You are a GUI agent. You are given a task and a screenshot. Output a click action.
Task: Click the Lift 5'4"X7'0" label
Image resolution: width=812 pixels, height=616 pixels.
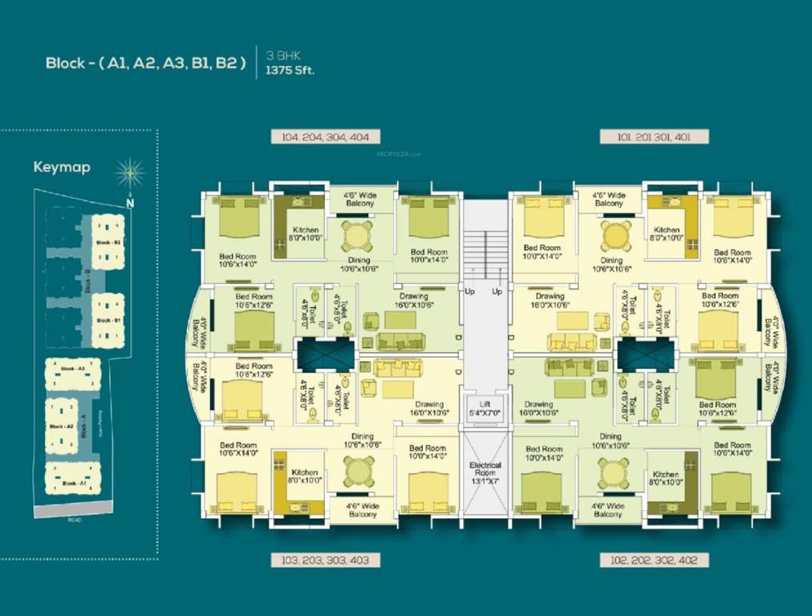(x=485, y=407)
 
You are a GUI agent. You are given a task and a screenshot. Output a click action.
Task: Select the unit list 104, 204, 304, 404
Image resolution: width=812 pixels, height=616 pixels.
(x=325, y=137)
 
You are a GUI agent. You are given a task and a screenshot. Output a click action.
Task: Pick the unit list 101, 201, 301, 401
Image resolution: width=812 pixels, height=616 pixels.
(x=654, y=137)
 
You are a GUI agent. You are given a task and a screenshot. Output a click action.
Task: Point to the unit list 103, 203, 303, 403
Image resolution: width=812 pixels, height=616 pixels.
(x=325, y=560)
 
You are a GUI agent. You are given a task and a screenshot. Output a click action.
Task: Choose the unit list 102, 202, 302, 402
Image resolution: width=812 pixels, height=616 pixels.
(x=654, y=560)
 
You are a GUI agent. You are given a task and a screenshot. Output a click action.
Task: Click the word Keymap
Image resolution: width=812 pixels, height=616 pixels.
(x=62, y=168)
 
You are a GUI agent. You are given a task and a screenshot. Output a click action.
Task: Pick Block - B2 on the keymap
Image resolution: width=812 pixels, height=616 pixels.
(x=108, y=242)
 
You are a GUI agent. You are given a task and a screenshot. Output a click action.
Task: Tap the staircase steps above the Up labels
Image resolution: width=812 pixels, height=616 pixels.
(x=485, y=253)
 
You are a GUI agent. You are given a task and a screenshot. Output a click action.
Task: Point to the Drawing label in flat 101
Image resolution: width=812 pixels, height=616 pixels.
(x=550, y=301)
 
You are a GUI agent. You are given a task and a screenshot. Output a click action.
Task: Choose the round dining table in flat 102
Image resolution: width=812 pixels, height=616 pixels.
(x=614, y=472)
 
